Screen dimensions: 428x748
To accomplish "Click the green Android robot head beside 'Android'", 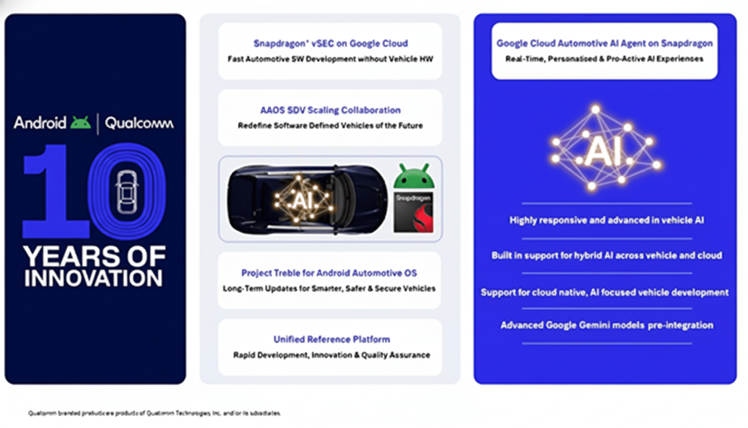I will (x=81, y=123).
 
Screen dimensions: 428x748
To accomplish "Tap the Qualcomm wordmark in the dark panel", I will (x=139, y=123).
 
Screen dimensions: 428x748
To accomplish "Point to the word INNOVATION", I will (x=93, y=278).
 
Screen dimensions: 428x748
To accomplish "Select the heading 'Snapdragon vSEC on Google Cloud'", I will (x=331, y=43).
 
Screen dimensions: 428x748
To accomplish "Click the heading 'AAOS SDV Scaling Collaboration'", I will (x=330, y=110).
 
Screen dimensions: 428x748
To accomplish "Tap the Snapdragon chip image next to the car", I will (x=414, y=212).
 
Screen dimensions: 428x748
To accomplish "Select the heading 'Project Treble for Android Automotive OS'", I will (x=329, y=273).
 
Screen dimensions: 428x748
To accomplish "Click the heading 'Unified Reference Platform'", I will (x=332, y=339).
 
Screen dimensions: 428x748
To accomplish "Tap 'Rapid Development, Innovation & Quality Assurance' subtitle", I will (x=332, y=355).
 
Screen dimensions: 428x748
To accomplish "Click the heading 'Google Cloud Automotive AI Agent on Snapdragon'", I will (x=604, y=43).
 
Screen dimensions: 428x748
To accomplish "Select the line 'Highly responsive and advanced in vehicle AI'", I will (x=607, y=221).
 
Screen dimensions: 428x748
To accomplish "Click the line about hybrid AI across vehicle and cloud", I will (x=607, y=256).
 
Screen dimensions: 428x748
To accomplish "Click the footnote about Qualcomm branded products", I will (x=155, y=414).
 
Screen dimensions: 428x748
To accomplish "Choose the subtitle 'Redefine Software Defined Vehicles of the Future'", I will (x=330, y=126).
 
